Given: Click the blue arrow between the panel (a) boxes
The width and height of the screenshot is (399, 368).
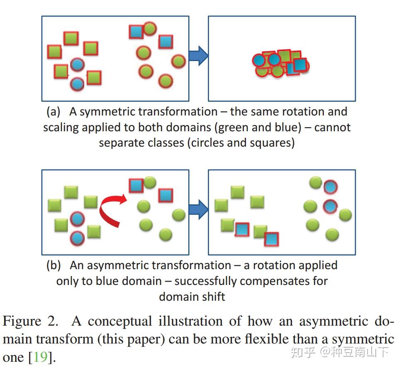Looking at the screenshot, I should click(x=198, y=56).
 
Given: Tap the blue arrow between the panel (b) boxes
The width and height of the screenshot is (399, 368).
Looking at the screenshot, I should click(x=198, y=209).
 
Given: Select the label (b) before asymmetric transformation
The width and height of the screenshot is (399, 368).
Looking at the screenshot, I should click(x=54, y=265).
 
